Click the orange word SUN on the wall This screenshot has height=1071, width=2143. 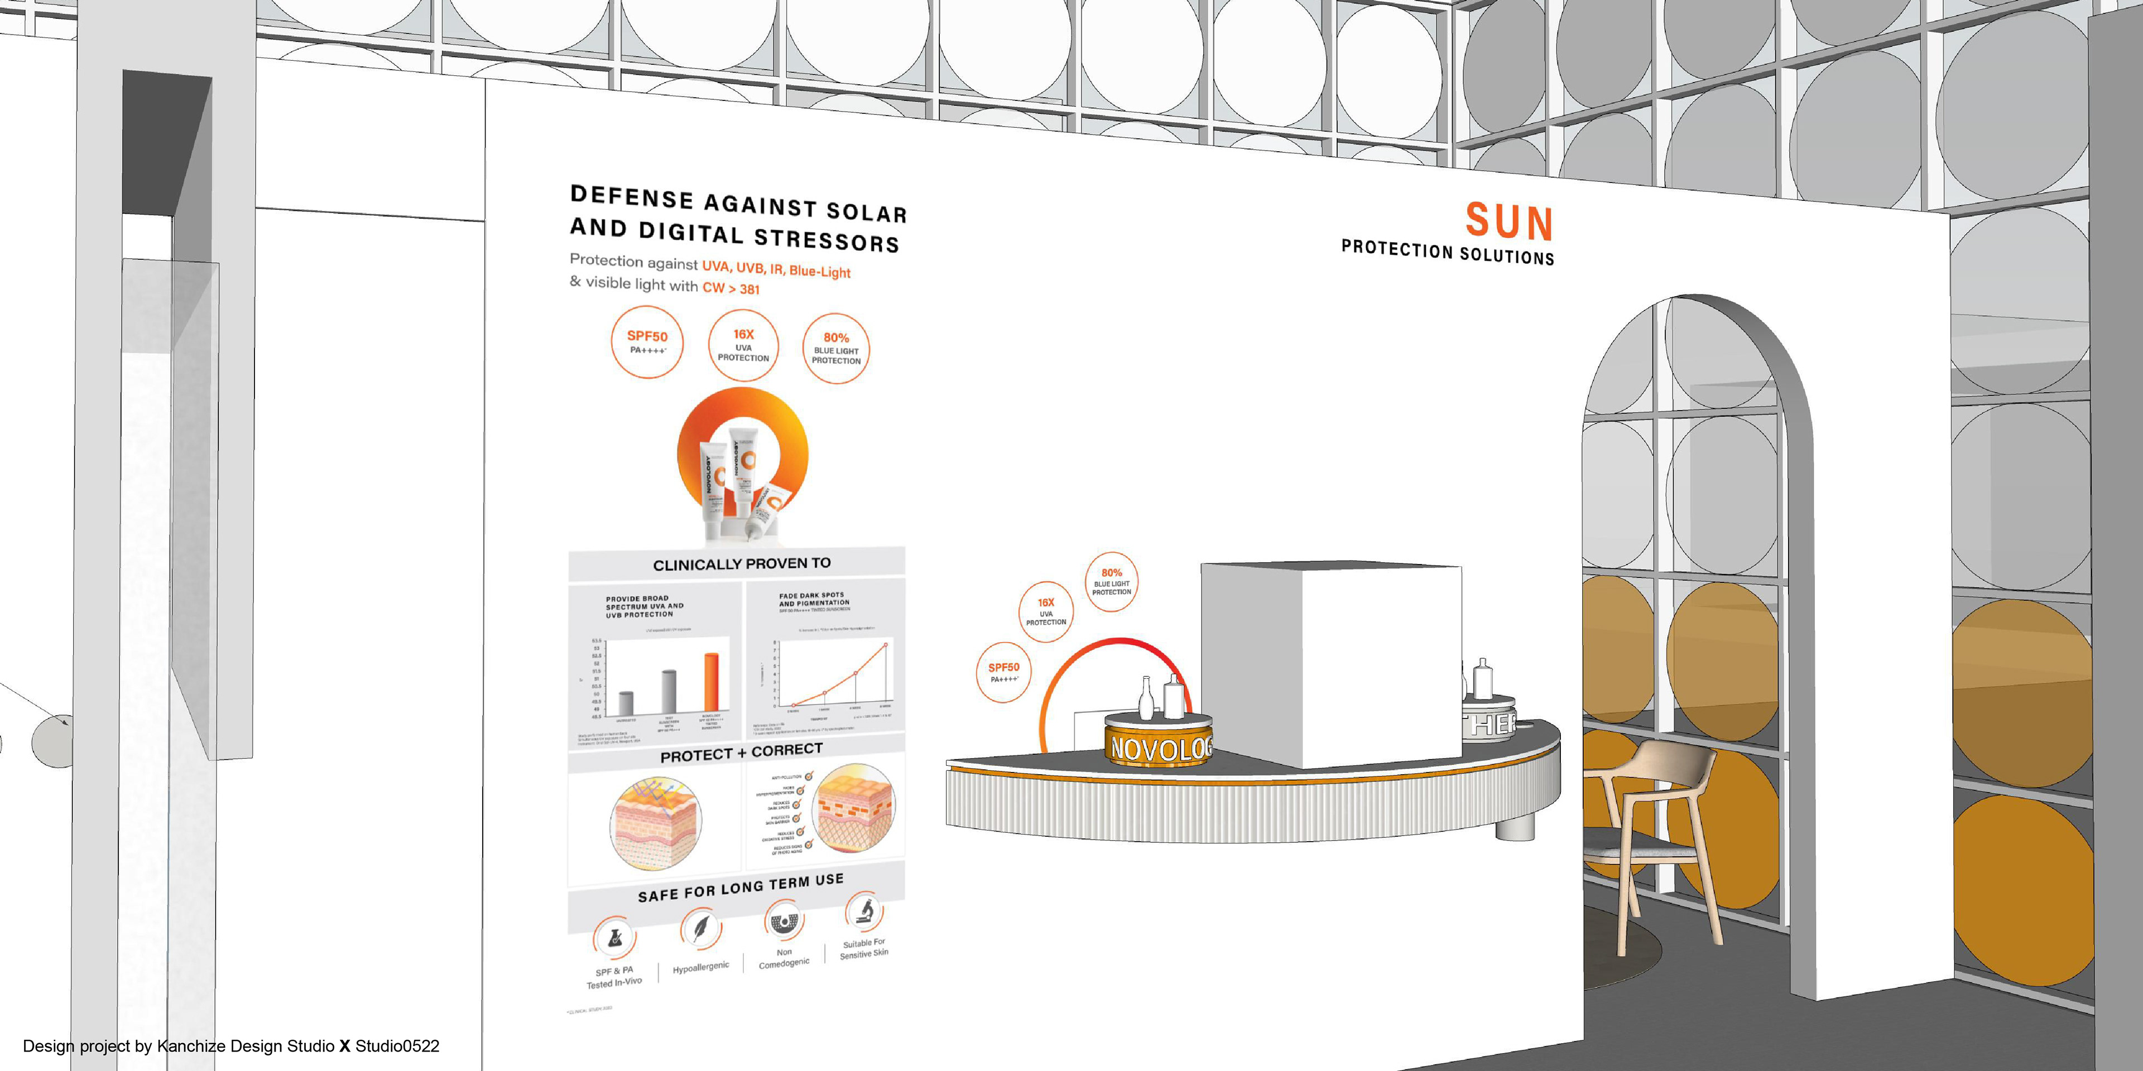[1508, 221]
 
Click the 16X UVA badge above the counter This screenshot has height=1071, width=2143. [1046, 611]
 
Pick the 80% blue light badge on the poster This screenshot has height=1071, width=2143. [835, 349]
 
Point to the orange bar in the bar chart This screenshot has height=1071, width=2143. [712, 682]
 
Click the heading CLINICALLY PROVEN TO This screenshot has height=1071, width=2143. [741, 564]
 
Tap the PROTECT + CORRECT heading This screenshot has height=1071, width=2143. [741, 752]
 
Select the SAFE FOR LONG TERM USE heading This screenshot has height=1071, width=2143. [741, 887]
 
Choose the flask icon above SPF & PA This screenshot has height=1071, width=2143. [614, 938]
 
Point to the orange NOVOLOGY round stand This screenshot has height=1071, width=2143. [1158, 744]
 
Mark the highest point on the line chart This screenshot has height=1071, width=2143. [885, 644]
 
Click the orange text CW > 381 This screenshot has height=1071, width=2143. [731, 288]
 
